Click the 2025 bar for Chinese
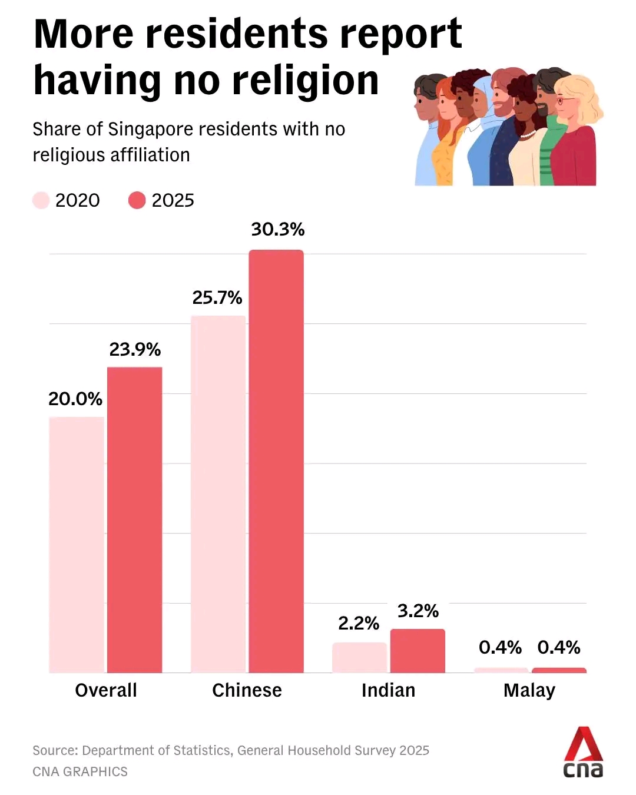[276, 462]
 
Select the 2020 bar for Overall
[77, 545]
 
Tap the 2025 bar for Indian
[418, 651]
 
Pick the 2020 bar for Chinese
[218, 494]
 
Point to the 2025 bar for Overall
[134, 520]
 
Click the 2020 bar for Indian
[360, 658]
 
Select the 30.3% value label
[278, 230]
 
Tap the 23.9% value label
[135, 349]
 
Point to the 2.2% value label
[359, 624]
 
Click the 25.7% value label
[217, 298]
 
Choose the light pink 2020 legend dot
[41, 200]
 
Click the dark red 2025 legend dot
[137, 200]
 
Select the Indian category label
[389, 690]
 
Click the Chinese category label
[247, 690]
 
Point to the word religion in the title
[305, 80]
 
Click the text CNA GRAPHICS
[80, 771]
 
